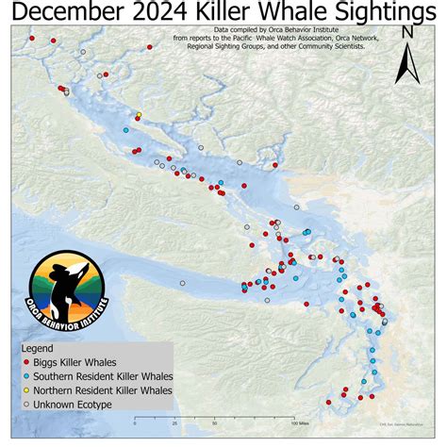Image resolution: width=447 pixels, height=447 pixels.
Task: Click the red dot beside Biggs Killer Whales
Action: (x=25, y=360)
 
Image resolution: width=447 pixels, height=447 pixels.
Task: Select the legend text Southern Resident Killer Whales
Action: (x=100, y=374)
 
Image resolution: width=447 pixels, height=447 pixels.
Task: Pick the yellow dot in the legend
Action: (x=25, y=389)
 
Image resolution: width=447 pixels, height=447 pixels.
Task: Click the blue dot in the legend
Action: (x=25, y=374)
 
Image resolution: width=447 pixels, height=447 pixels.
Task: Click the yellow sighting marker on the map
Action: (x=139, y=115)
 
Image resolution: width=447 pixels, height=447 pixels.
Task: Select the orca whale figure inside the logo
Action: (x=66, y=283)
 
